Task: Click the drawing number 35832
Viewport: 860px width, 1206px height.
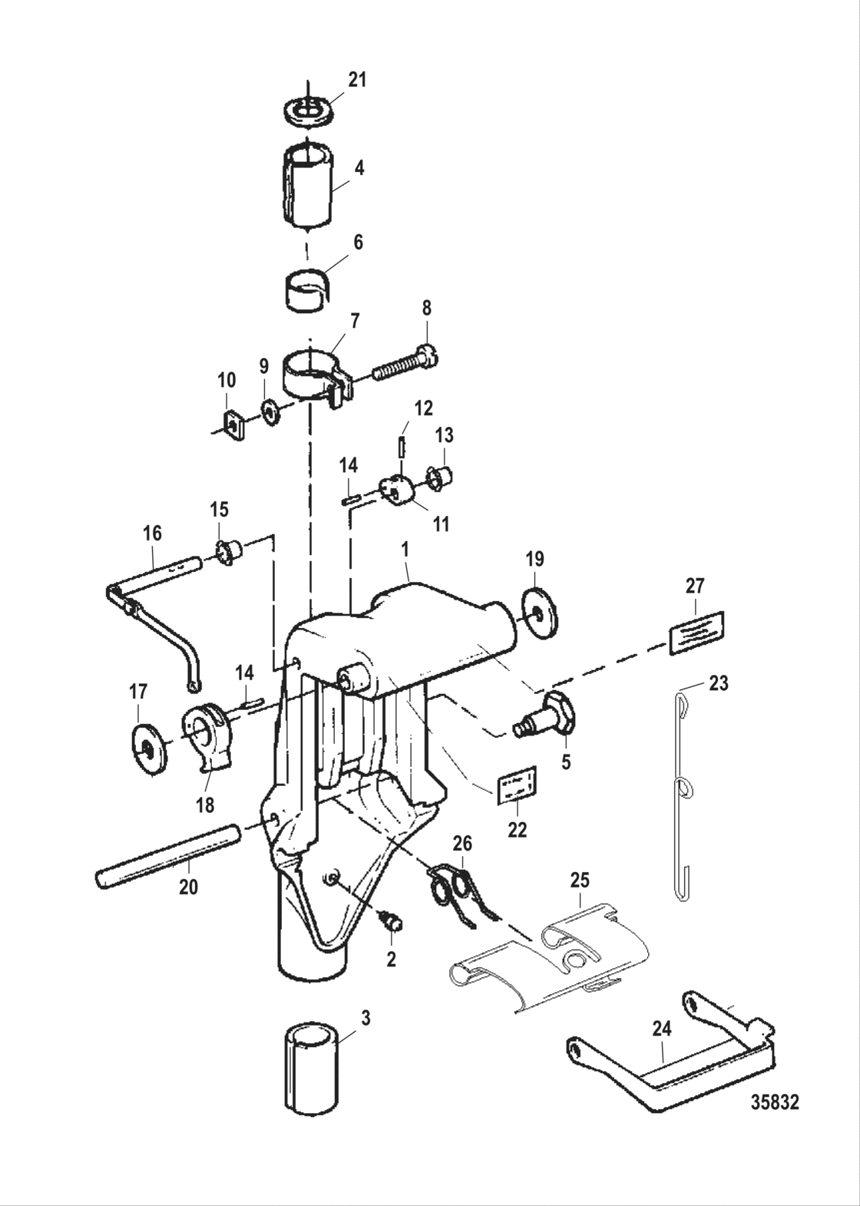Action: (774, 1103)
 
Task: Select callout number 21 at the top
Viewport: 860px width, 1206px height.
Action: (357, 80)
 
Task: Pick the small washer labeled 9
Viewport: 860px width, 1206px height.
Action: (269, 412)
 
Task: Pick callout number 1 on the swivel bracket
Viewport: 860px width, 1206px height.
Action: (404, 550)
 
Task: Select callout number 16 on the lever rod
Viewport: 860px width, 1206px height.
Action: (152, 532)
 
